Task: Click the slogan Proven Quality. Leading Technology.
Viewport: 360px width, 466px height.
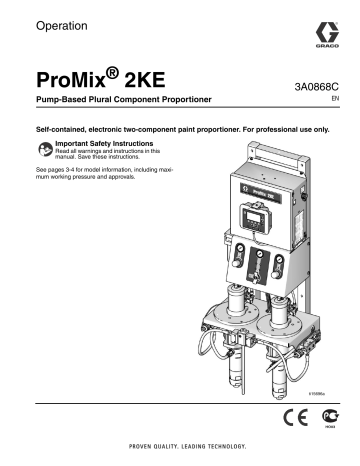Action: point(180,446)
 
